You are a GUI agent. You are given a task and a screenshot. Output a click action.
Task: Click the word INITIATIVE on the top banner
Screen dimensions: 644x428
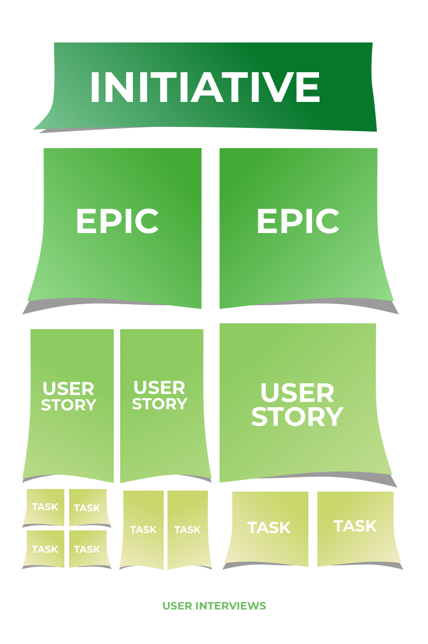pyautogui.click(x=205, y=87)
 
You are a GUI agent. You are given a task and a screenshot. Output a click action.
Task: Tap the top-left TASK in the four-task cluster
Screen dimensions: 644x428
pyautogui.click(x=45, y=507)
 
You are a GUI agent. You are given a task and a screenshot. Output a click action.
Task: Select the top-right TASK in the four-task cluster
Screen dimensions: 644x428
pyautogui.click(x=88, y=508)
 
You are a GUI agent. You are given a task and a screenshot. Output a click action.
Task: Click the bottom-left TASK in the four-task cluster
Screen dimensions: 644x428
pyautogui.click(x=45, y=549)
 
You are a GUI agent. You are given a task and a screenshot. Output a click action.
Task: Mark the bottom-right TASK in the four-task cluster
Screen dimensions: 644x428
pyautogui.click(x=88, y=549)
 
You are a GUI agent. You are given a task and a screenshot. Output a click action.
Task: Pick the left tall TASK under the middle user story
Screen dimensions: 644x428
pyautogui.click(x=143, y=529)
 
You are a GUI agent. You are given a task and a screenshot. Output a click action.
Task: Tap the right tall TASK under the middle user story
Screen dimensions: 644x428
pyautogui.click(x=188, y=529)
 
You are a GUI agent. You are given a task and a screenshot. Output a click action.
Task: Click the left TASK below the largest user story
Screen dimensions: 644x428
pyautogui.click(x=268, y=528)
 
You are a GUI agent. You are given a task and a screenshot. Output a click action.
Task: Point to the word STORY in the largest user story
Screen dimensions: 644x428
pyautogui.click(x=297, y=417)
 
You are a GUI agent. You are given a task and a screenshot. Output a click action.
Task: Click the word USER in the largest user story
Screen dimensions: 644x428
pyautogui.click(x=297, y=393)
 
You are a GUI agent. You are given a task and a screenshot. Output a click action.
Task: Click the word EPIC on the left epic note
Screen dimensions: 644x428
pyautogui.click(x=118, y=221)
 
